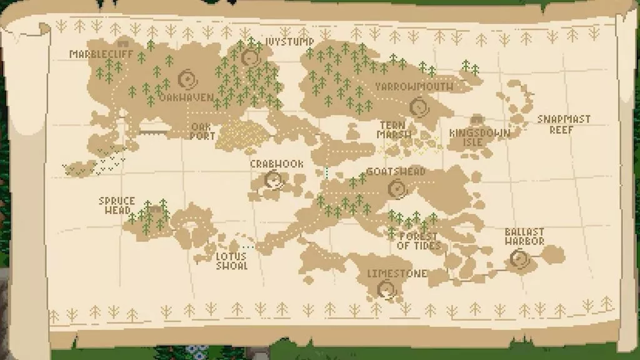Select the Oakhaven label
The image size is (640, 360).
186,97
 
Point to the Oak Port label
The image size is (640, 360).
202,131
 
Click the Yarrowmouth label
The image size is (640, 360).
414,86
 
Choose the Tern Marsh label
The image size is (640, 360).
394,129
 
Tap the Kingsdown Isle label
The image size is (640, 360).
479,137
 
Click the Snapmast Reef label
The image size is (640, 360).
564,124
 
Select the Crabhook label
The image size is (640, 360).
277,164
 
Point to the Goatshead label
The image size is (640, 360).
396,171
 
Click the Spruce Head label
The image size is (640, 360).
117,205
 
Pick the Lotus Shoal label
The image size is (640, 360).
231,261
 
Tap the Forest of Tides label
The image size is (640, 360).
419,241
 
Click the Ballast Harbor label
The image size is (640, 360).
524,236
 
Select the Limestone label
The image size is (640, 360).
397,274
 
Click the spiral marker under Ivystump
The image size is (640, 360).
251,58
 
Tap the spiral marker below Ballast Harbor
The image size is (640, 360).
519,258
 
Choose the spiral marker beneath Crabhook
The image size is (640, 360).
273,180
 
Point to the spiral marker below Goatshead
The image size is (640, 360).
395,187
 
